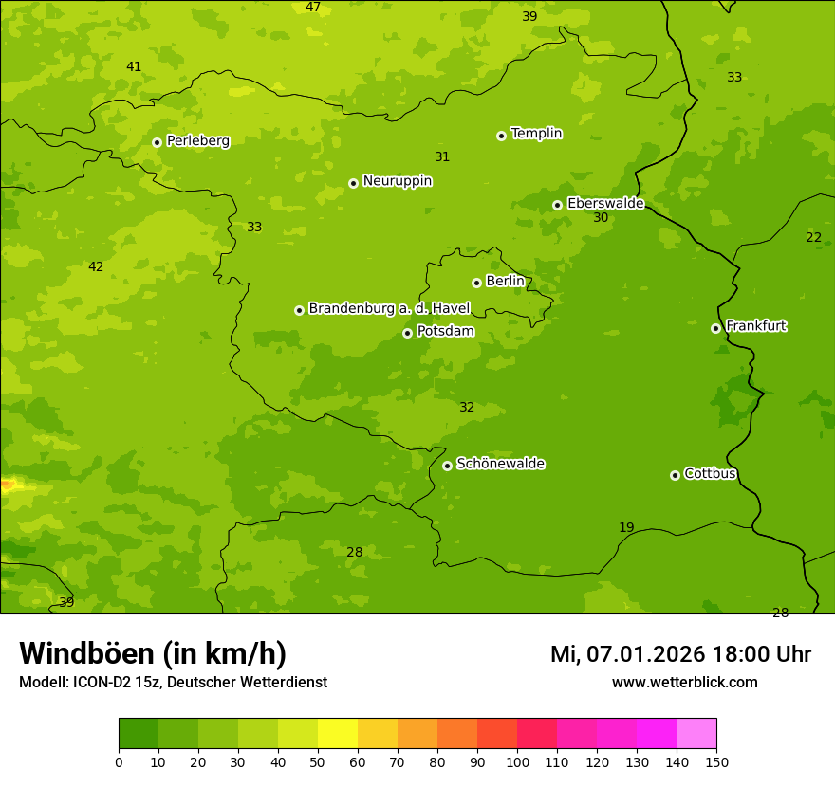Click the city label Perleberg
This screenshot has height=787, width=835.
(x=197, y=141)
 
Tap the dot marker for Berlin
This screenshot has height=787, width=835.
(x=476, y=283)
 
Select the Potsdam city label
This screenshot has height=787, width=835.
(x=445, y=332)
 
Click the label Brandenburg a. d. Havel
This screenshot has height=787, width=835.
(x=389, y=309)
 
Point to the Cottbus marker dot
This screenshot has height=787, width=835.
(x=675, y=475)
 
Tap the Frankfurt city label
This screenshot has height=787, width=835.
(x=755, y=326)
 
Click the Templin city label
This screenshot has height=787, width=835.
(x=536, y=134)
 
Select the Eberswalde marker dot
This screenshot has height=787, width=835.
(x=557, y=205)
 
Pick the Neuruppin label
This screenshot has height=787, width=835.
(x=397, y=181)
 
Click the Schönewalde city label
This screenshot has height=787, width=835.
(x=500, y=464)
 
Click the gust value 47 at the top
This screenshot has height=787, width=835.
(x=313, y=8)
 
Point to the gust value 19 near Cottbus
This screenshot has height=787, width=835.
(x=626, y=528)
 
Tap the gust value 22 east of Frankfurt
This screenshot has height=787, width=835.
(x=813, y=238)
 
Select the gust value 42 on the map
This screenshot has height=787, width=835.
(x=96, y=267)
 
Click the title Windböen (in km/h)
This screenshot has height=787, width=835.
(x=152, y=653)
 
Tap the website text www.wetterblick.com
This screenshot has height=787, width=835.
(x=684, y=683)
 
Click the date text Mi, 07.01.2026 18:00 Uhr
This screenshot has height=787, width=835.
(x=680, y=654)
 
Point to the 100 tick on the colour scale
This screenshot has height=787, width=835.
(x=517, y=761)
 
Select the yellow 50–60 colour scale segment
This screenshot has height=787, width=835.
(x=338, y=734)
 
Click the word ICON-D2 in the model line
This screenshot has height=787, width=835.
(x=98, y=683)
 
